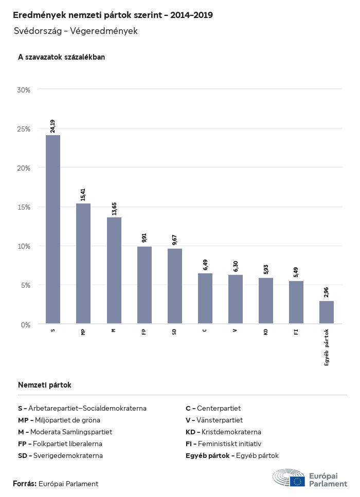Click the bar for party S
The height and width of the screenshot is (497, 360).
[x=53, y=229]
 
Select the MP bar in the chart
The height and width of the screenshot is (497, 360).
[x=83, y=263]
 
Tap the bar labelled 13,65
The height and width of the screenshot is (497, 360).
[x=114, y=270]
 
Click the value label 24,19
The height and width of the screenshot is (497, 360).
[x=53, y=126]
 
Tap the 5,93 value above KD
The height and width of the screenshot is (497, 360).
[x=265, y=269]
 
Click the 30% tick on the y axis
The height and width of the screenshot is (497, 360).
[x=24, y=90]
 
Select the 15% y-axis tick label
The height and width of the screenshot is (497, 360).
[x=24, y=207]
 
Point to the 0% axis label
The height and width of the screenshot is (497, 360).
[x=26, y=325]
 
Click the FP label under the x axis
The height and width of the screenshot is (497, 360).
[x=144, y=332]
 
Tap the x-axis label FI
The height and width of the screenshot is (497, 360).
[x=296, y=332]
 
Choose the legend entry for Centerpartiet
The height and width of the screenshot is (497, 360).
[x=213, y=408]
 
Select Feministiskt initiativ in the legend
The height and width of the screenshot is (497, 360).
[x=224, y=444]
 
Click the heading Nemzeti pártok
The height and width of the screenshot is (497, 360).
[x=45, y=384]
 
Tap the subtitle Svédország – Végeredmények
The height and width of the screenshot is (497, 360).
[x=76, y=31]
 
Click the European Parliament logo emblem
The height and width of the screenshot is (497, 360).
[x=289, y=477]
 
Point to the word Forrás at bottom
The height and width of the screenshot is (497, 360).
[x=24, y=484]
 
